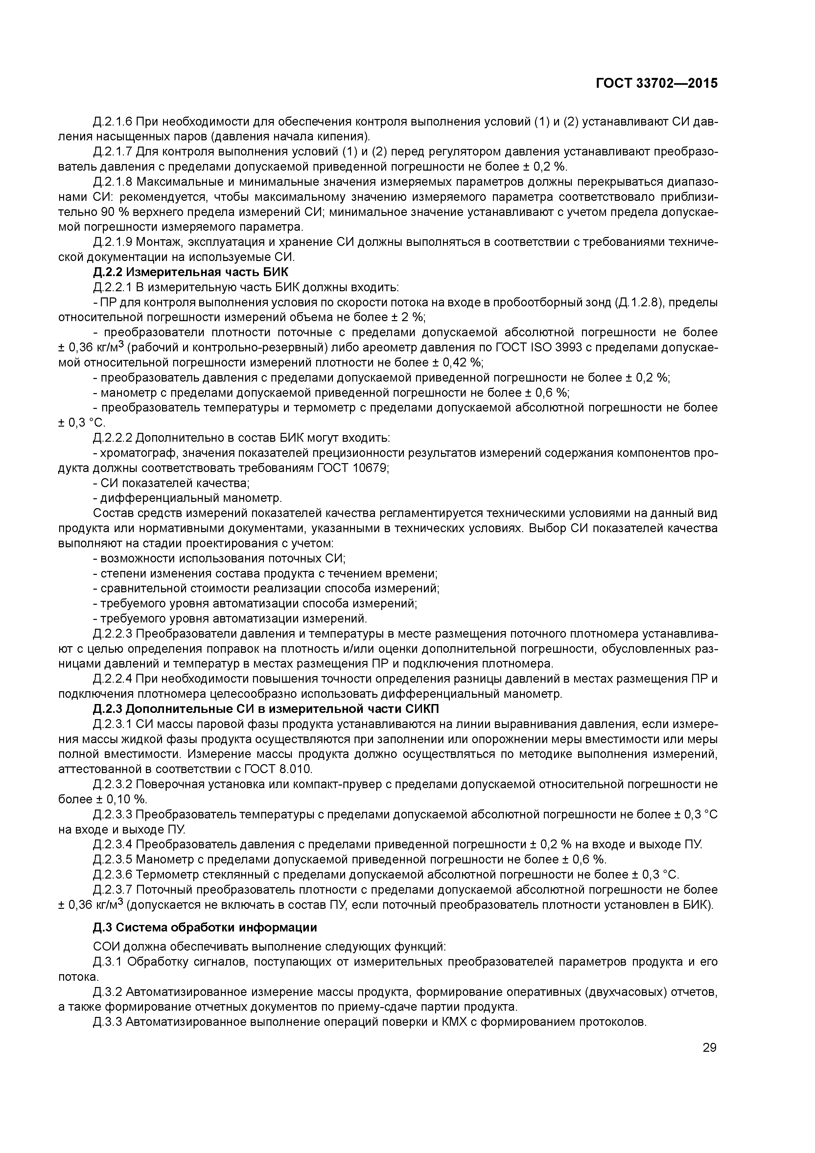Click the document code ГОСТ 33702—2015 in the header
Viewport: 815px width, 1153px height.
pos(656,83)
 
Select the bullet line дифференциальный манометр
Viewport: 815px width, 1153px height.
pos(191,499)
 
